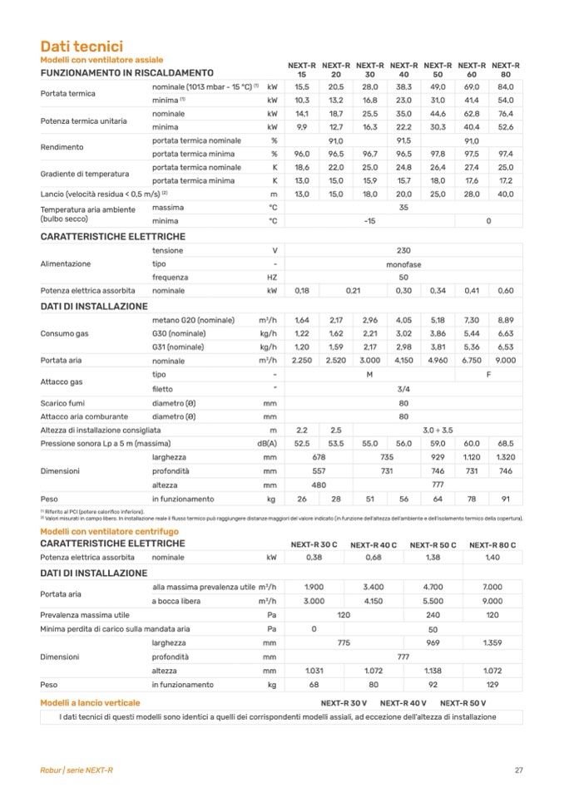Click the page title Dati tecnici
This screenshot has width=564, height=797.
click(x=82, y=47)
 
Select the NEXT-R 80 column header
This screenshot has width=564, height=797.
click(x=505, y=69)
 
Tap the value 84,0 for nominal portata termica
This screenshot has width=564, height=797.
click(x=505, y=86)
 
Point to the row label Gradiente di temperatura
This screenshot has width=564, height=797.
click(x=85, y=174)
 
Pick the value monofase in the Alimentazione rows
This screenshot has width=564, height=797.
click(x=403, y=263)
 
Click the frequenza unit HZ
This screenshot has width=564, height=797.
click(x=272, y=277)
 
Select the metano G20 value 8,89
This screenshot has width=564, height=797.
click(x=505, y=320)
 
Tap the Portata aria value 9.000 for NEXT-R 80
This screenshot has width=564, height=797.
click(x=505, y=361)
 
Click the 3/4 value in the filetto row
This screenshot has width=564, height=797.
click(x=403, y=388)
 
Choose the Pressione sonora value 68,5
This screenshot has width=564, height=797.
click(x=505, y=443)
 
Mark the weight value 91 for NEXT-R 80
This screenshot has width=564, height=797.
click(x=505, y=499)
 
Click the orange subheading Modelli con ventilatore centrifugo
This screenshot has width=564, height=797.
click(x=109, y=530)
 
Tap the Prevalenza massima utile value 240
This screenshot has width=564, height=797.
click(x=433, y=615)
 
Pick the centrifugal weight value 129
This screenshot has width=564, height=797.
click(x=492, y=684)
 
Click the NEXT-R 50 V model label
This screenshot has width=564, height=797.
click(x=463, y=702)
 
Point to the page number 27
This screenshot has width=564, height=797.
click(x=518, y=770)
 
